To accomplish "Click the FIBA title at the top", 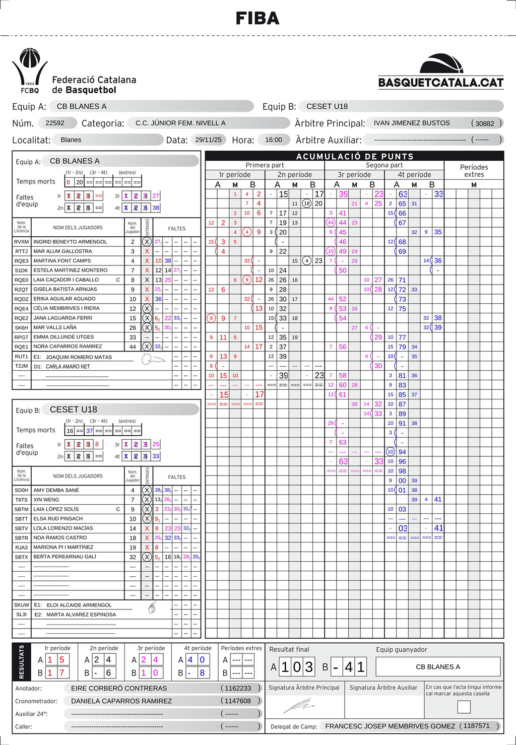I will [x=257, y=19].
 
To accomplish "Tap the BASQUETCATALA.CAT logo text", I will [x=441, y=83].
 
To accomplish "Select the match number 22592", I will [x=55, y=123].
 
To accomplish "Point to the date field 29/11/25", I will [x=208, y=140].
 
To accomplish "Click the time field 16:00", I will [x=274, y=140].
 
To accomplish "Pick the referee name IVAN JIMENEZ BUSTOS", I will [x=412, y=123].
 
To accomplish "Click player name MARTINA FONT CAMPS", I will [x=62, y=261].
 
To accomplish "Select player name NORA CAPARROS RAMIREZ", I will [x=68, y=347].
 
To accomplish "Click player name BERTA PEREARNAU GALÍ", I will [x=64, y=557].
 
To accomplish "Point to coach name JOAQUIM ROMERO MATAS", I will [x=79, y=357].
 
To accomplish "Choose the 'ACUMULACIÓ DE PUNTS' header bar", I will [x=354, y=156].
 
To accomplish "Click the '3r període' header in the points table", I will [x=354, y=175].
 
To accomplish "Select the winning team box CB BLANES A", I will [x=438, y=666].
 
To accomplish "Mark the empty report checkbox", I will [x=464, y=707].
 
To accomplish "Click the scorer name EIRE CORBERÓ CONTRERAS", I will [x=119, y=688].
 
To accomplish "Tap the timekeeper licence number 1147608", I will [x=238, y=701].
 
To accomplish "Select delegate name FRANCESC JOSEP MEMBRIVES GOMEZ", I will [x=390, y=726].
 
